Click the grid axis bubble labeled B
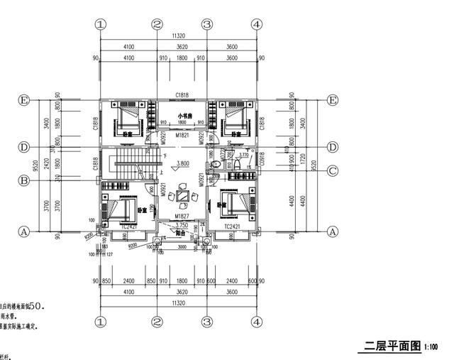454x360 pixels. (24, 180)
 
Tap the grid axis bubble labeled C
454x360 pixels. (331, 169)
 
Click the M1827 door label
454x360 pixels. (182, 216)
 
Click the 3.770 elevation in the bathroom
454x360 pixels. (243, 153)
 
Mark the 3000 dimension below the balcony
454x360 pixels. (182, 246)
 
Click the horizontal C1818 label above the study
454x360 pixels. (182, 96)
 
